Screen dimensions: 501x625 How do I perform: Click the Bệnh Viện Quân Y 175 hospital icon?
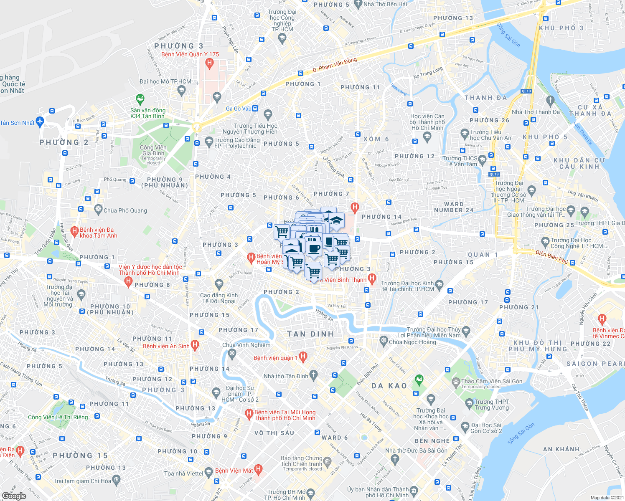click(x=210, y=63)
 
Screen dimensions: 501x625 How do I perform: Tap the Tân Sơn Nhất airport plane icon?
click(x=40, y=121)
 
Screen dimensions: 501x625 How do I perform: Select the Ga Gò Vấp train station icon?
click(x=255, y=109)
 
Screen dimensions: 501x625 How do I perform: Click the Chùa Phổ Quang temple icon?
click(x=98, y=209)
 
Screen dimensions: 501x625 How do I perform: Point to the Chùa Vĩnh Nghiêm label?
click(x=246, y=345)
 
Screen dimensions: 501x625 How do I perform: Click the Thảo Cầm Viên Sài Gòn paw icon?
click(x=456, y=381)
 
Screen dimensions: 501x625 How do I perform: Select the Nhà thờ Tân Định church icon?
click(x=313, y=374)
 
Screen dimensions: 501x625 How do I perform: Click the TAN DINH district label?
click(x=310, y=334)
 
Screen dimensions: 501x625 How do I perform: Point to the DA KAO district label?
click(x=389, y=386)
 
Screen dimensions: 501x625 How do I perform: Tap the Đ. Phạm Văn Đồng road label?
click(x=335, y=65)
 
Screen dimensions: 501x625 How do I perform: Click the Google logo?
click(x=14, y=496)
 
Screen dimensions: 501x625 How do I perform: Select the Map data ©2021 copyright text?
click(x=606, y=497)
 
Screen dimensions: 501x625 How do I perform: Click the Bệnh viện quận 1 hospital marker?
click(x=304, y=357)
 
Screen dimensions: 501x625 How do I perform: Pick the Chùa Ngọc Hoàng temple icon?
click(x=384, y=340)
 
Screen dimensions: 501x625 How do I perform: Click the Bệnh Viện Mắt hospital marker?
click(x=259, y=469)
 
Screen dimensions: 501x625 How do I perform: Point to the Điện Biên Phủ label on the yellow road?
click(x=551, y=257)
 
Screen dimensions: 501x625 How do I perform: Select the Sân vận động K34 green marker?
click(x=140, y=99)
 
